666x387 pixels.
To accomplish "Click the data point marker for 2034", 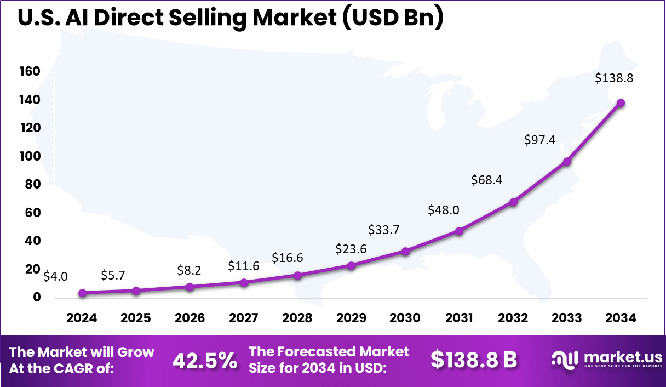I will click(621, 103).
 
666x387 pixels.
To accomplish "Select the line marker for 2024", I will click(82, 293).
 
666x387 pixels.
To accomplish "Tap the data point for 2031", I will click(459, 231).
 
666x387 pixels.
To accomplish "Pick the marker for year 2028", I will click(297, 275).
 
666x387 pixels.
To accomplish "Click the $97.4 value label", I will click(541, 140).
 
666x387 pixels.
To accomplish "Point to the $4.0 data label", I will click(56, 276).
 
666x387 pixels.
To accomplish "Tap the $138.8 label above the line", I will click(615, 78).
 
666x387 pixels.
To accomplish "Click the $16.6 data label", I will click(288, 258).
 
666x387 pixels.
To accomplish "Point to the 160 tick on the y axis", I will click(30, 71).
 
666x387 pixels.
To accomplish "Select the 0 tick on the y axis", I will click(37, 297).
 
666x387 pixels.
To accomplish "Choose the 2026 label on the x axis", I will click(190, 318).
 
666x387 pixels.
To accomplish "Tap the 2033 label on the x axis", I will click(567, 318).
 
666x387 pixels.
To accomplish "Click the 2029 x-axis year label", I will click(351, 318).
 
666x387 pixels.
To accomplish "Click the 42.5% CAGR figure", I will click(205, 360).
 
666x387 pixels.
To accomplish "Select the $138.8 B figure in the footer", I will click(474, 360).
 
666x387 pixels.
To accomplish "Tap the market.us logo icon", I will click(565, 360).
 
